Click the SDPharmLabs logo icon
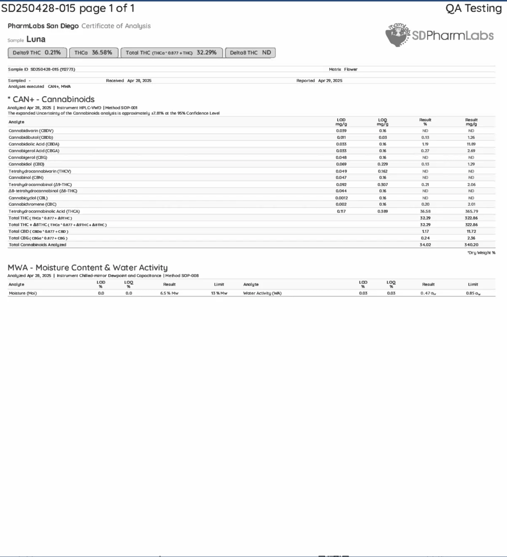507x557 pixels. [x=398, y=35]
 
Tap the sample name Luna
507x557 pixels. [x=36, y=39]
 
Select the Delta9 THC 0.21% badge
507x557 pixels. [x=37, y=53]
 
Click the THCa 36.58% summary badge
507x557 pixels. [x=93, y=53]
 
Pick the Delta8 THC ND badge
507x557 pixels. [x=250, y=53]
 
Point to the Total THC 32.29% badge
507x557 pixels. [x=171, y=53]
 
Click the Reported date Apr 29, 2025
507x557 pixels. [x=330, y=81]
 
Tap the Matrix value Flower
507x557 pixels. [x=351, y=69]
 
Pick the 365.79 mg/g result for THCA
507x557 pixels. [x=471, y=211]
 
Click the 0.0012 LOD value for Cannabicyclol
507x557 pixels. [x=341, y=198]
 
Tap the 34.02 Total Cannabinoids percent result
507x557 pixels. [x=425, y=245]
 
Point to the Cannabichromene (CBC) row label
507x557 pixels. [x=32, y=205]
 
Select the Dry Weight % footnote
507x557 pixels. [x=481, y=253]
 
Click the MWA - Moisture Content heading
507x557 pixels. [x=88, y=268]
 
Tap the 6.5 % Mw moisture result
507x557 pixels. [x=169, y=293]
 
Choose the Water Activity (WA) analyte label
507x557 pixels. [x=262, y=293]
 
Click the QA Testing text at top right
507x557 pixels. [x=473, y=8]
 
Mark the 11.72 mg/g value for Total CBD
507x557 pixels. [x=471, y=231]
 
